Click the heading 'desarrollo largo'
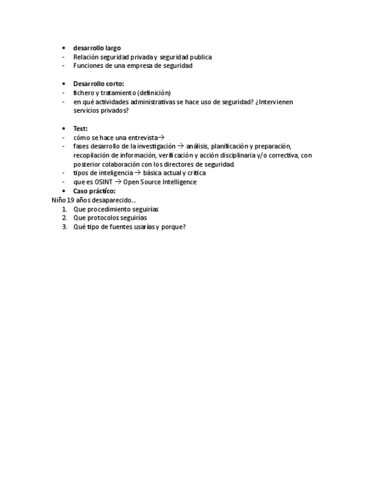pos(97,48)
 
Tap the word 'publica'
pos(201,57)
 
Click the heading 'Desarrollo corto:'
pos(99,84)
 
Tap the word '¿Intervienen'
pos(274,102)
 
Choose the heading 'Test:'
pos(80,128)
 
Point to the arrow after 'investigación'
pos(181,146)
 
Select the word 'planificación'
pos(229,146)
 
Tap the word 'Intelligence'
pos(178,182)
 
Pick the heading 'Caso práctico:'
pos(94,191)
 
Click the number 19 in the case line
pos(71,200)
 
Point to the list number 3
pos(65,227)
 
